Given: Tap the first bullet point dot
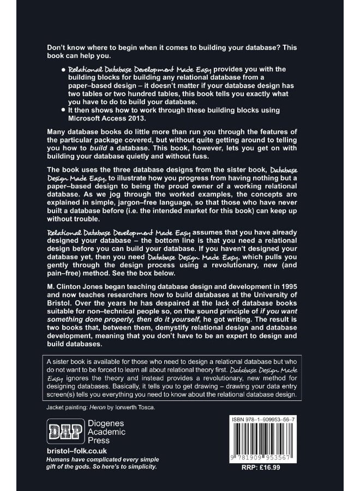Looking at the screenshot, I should (x=63, y=70).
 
